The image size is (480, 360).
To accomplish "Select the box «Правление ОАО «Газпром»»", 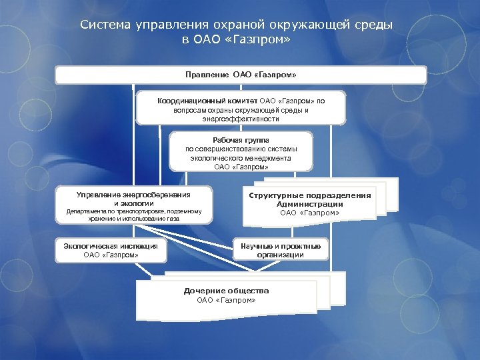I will (x=241, y=74).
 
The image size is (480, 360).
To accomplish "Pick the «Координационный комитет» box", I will (x=241, y=109).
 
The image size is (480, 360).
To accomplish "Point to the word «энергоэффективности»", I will (x=241, y=119).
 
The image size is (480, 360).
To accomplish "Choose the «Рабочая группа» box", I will (x=241, y=152).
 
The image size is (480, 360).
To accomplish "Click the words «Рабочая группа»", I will (x=241, y=140).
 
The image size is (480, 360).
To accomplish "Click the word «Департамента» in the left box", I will (x=85, y=211).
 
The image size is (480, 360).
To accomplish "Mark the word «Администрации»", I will (x=310, y=204).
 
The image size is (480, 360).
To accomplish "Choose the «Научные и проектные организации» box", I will (x=280, y=250).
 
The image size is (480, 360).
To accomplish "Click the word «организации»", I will (x=280, y=255).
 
